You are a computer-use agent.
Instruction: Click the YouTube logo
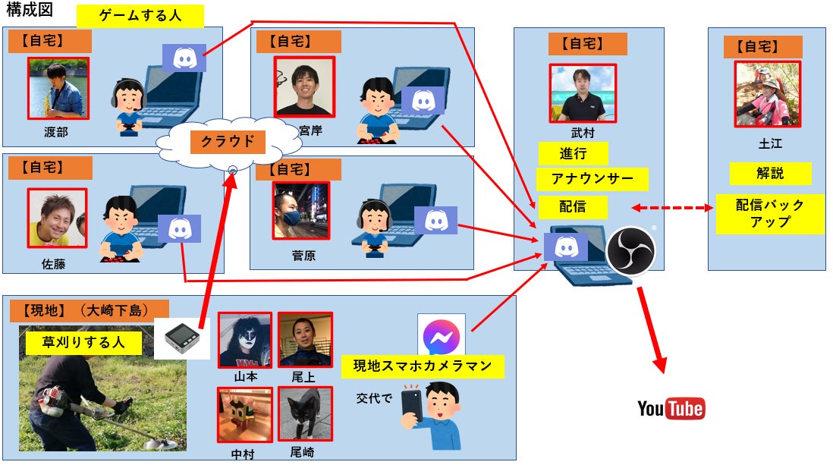pos(671,409)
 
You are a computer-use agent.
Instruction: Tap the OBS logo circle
pos(630,250)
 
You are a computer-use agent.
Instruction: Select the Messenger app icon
pos(441,336)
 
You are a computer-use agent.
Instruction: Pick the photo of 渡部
pos(58,88)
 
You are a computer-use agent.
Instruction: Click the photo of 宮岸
pos(304,86)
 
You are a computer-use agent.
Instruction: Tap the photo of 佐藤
pos(57,218)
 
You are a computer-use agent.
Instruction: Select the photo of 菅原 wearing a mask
pos(301,210)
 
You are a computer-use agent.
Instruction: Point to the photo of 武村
pos(583,93)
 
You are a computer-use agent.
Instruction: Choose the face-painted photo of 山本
pos(245,341)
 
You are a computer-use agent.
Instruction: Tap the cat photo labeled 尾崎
pos(305,414)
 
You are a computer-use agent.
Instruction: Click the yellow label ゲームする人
pos(140,16)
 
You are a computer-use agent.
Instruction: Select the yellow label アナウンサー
pos(593,180)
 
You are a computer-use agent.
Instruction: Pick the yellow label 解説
pos(770,174)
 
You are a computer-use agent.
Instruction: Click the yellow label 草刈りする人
pos(83,342)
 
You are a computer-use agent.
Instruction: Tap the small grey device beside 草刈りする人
pos(181,338)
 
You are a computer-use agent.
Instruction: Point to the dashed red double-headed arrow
pos(674,207)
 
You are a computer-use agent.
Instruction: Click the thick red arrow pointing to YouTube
pos(651,331)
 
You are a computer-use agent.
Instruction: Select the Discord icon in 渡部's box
pos(184,58)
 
